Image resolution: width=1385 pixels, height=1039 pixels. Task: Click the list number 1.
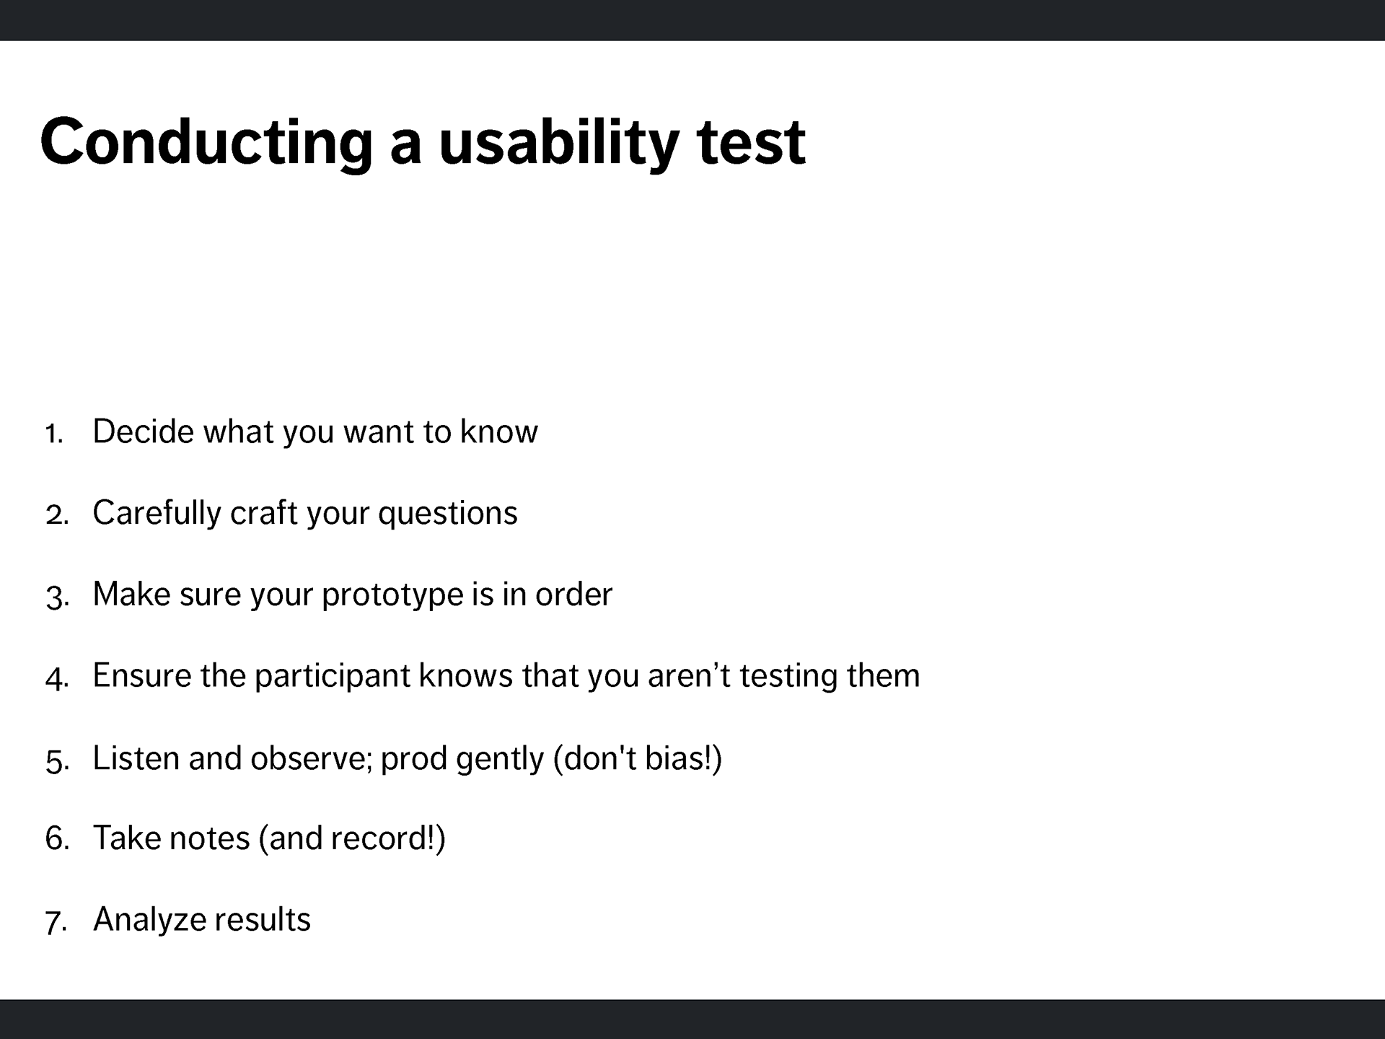tap(54, 434)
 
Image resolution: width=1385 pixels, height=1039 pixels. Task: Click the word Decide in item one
tap(144, 431)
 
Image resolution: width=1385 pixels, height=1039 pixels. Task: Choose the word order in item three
tap(573, 594)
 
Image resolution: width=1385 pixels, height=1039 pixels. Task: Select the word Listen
tap(137, 758)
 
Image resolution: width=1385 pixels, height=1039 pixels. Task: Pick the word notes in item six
tap(210, 838)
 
